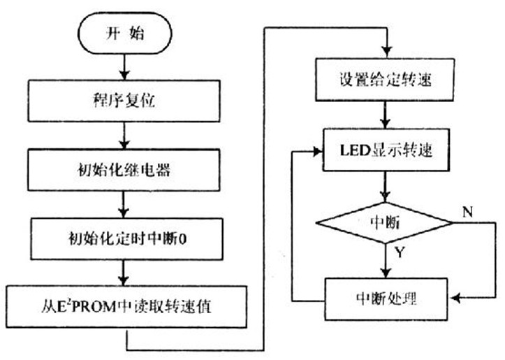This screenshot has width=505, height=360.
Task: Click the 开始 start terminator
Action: click(x=124, y=33)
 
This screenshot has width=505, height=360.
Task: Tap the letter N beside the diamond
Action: click(x=468, y=210)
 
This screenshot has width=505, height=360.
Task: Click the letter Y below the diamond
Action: click(x=399, y=253)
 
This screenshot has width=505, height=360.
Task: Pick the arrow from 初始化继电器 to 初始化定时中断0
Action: click(x=124, y=203)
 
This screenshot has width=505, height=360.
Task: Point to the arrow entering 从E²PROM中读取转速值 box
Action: click(x=124, y=273)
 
